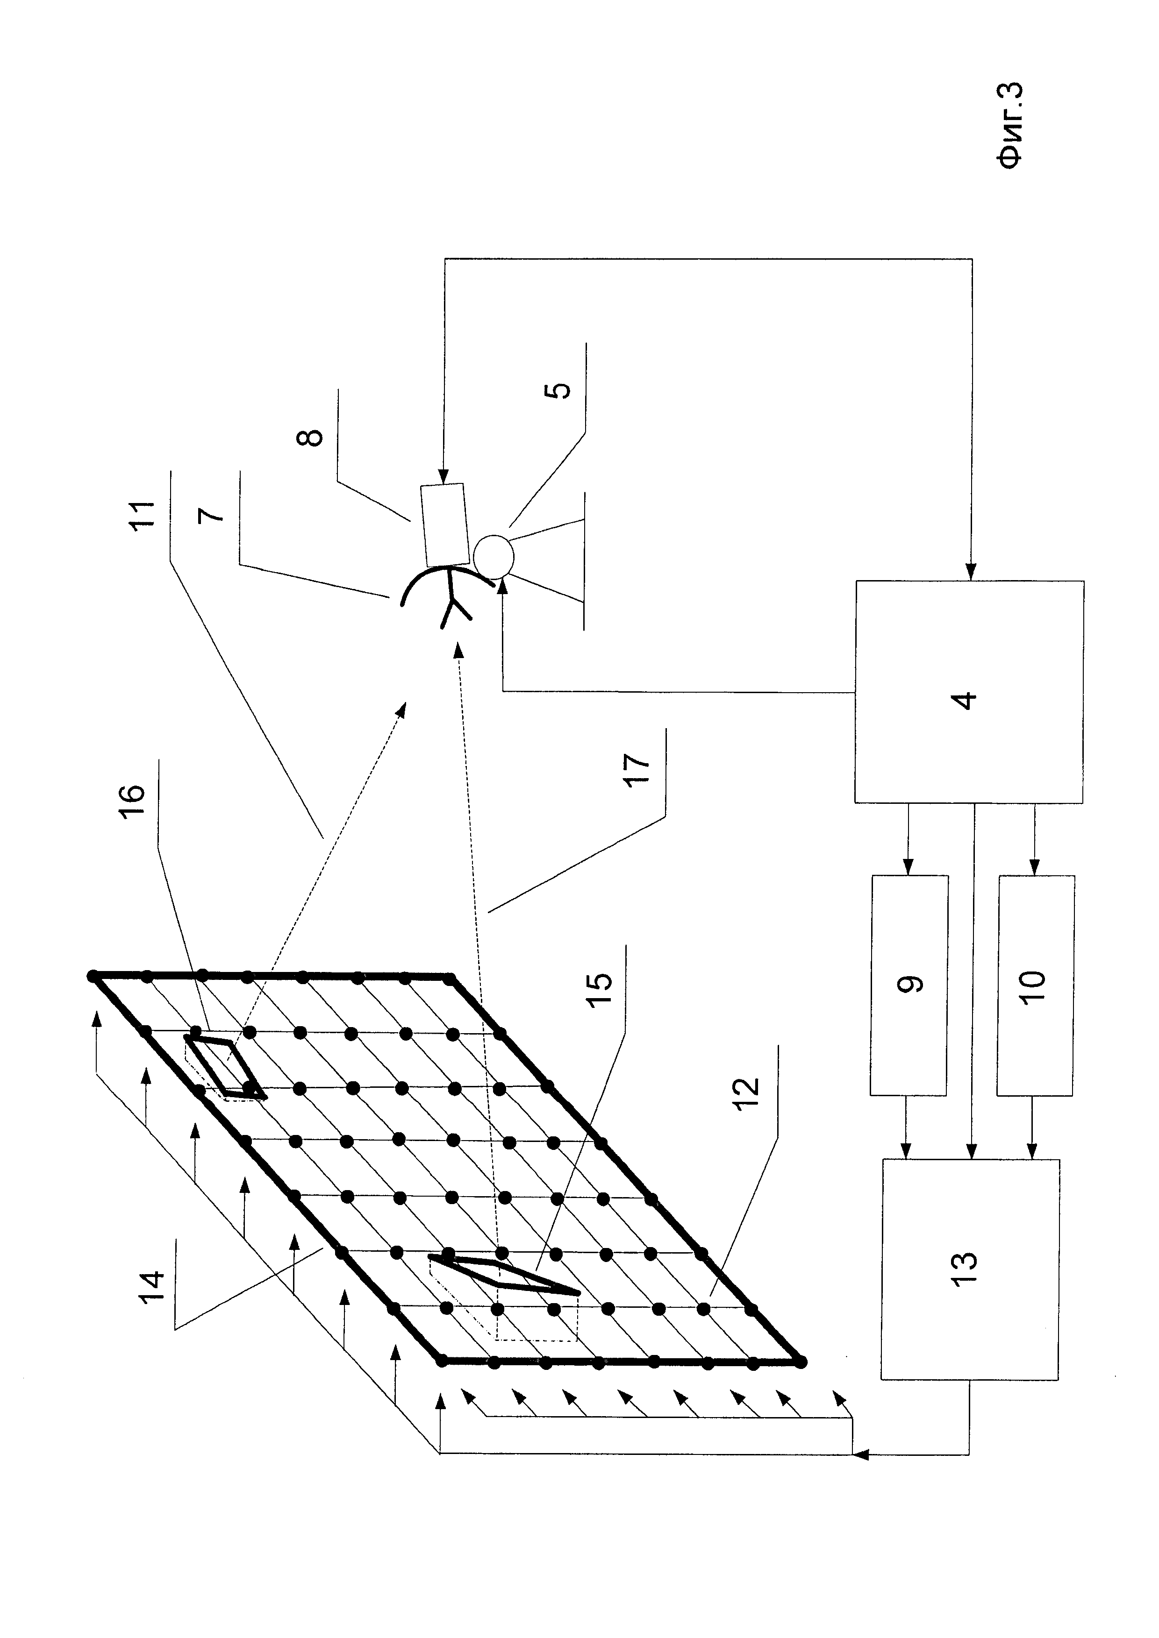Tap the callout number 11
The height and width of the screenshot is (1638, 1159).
(143, 514)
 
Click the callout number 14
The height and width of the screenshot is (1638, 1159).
(152, 1285)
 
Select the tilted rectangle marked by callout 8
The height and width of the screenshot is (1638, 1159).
(444, 525)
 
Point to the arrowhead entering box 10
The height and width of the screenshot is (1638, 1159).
(1034, 870)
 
